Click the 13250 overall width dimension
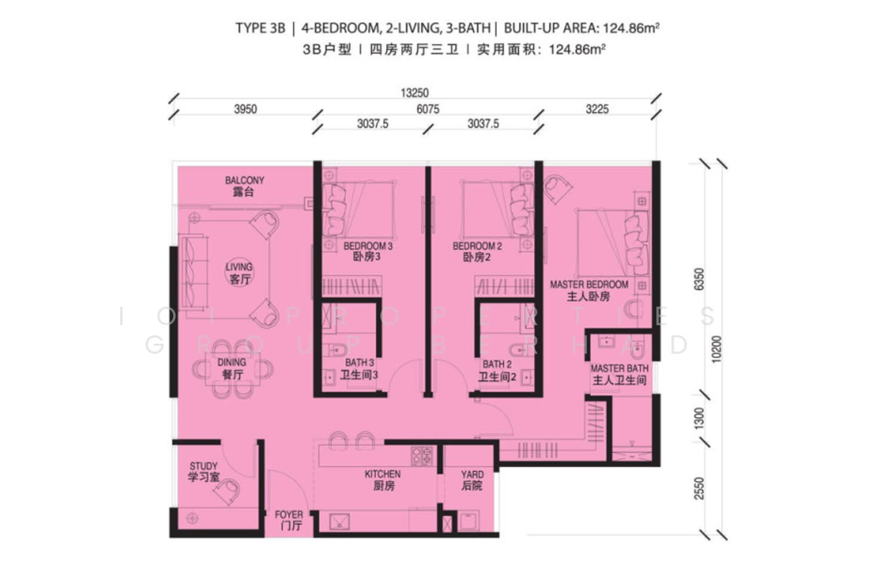point(415,93)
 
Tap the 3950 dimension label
point(245,109)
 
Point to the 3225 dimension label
point(597,109)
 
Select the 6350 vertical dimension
point(699,279)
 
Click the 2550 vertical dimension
point(699,488)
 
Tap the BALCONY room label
point(245,181)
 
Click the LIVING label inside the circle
point(239,267)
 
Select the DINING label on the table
point(232,362)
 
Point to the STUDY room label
point(203,467)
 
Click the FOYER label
point(289,515)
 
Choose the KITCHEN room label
point(382,474)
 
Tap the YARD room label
point(473,475)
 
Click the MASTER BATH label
point(619,368)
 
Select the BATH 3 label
point(360,363)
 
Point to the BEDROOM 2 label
point(477,246)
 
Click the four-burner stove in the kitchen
point(422,456)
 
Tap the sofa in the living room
point(195,273)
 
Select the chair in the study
point(227,490)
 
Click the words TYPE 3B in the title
point(261,29)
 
